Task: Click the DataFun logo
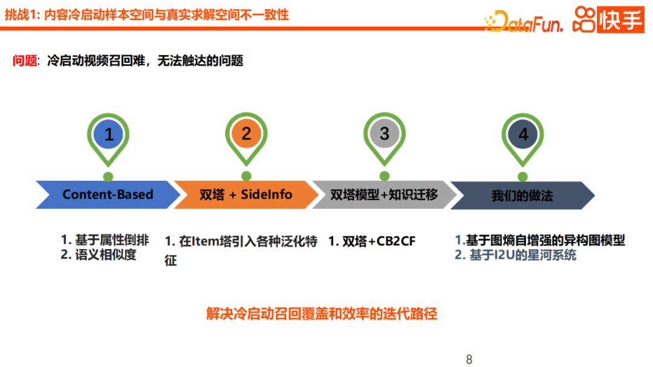click(x=524, y=22)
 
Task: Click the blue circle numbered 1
click(x=109, y=134)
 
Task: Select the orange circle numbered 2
click(x=246, y=134)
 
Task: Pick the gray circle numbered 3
click(x=385, y=134)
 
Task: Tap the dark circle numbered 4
click(x=523, y=134)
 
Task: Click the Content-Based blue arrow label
click(x=108, y=195)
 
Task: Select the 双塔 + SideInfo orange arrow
click(x=245, y=195)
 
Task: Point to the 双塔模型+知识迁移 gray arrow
click(x=384, y=195)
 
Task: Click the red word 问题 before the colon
click(x=25, y=61)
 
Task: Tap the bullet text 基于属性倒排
click(x=112, y=239)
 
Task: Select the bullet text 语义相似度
click(x=106, y=255)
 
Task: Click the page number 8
click(x=469, y=360)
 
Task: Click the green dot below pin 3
click(x=385, y=177)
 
